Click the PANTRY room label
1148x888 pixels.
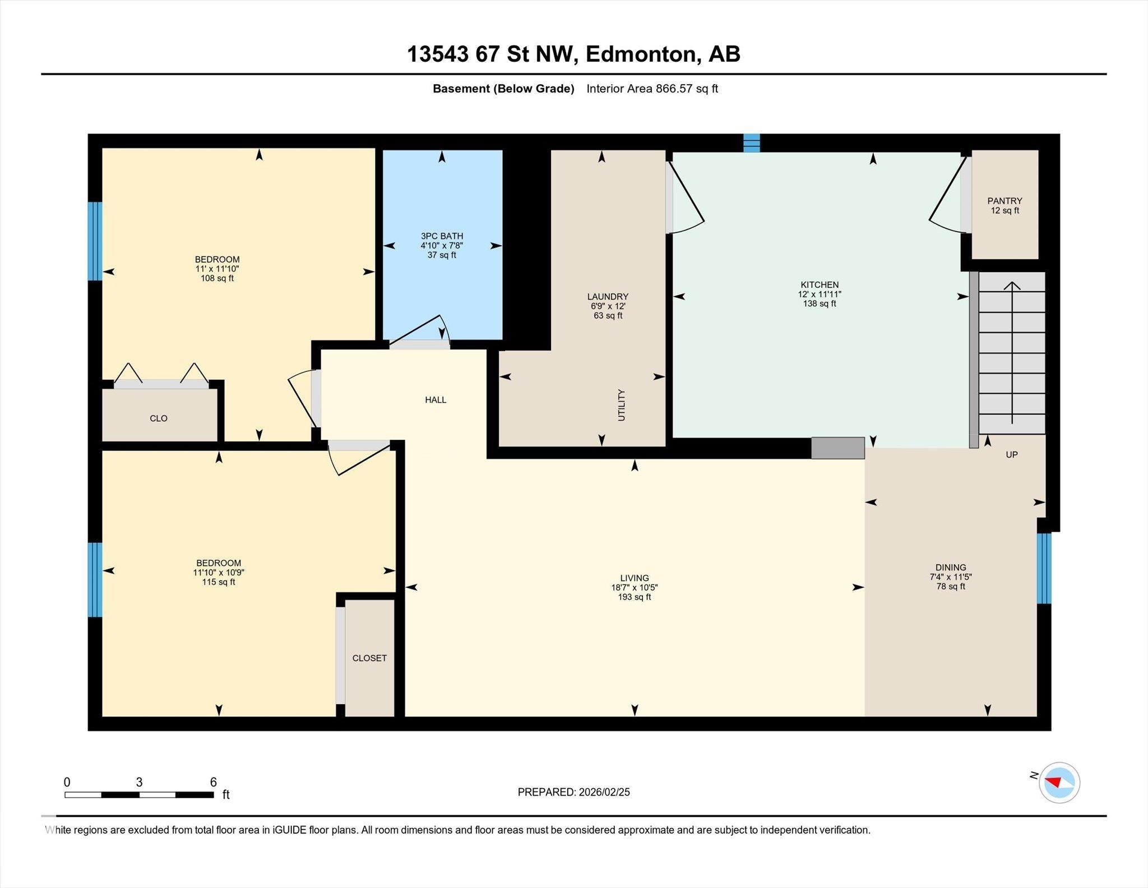[x=1004, y=201]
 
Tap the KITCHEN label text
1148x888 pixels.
[x=820, y=285]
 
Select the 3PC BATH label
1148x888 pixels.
[x=442, y=236]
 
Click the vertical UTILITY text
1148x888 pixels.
[x=621, y=405]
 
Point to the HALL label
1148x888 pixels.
[x=436, y=400]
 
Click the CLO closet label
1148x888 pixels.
[x=159, y=418]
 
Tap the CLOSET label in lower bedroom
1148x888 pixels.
[x=369, y=658]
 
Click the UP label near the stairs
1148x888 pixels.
[x=1012, y=455]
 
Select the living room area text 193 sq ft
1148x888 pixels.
[x=635, y=597]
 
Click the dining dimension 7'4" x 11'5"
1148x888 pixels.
[x=951, y=577]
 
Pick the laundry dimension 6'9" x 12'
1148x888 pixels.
[x=608, y=306]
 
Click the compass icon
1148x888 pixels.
[x=1059, y=783]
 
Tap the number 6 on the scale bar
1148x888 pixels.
[x=213, y=782]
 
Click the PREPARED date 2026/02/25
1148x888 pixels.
[x=604, y=792]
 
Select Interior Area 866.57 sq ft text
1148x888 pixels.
[x=652, y=89]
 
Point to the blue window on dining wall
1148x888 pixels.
[x=1044, y=568]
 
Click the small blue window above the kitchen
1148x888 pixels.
[x=752, y=143]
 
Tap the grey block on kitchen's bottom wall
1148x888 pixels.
[x=838, y=448]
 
